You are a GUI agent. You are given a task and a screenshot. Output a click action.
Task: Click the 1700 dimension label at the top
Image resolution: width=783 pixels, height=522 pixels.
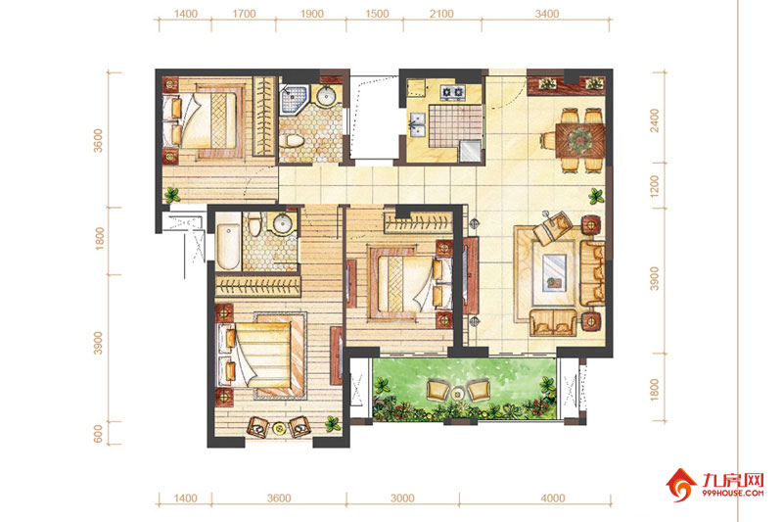[244, 14]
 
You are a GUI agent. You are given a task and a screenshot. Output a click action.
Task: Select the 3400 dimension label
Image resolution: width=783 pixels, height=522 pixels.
[547, 14]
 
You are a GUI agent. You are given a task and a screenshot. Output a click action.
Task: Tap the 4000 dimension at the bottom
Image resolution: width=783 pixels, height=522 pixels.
[553, 498]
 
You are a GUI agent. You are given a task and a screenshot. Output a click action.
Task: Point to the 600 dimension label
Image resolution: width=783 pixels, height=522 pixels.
[99, 434]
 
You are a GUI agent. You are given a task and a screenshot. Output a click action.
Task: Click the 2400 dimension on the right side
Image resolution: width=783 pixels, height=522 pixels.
[654, 120]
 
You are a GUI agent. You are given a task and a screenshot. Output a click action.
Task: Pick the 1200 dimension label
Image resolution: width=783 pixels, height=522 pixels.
[654, 185]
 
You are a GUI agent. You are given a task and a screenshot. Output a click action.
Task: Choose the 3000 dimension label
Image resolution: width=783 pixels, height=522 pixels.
[402, 498]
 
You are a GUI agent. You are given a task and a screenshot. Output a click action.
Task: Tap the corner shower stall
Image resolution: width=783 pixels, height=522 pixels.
[295, 100]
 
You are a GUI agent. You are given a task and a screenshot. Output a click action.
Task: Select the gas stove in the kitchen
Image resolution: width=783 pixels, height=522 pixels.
[452, 92]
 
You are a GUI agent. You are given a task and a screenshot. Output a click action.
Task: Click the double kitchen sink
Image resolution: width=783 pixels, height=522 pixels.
[418, 124]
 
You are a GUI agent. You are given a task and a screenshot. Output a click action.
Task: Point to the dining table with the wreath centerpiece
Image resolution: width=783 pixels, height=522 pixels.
[579, 140]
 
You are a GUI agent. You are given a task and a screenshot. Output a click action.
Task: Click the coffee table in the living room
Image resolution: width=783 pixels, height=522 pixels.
[554, 272]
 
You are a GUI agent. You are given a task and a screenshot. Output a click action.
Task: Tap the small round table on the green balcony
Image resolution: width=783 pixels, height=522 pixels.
[457, 394]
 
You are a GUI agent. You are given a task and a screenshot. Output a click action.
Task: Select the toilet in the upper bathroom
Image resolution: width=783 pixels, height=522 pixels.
[291, 140]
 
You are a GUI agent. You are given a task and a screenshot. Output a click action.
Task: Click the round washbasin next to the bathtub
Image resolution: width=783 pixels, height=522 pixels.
[282, 224]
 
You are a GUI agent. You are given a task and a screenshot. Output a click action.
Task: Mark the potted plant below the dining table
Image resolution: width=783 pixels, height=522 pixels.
[596, 196]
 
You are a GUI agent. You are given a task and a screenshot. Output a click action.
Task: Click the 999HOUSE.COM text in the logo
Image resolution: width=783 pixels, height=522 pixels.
[732, 493]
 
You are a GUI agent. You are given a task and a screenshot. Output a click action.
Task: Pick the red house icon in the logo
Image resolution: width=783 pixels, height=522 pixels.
[681, 485]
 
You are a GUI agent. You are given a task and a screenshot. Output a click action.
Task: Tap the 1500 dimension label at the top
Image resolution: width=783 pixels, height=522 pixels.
[377, 14]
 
